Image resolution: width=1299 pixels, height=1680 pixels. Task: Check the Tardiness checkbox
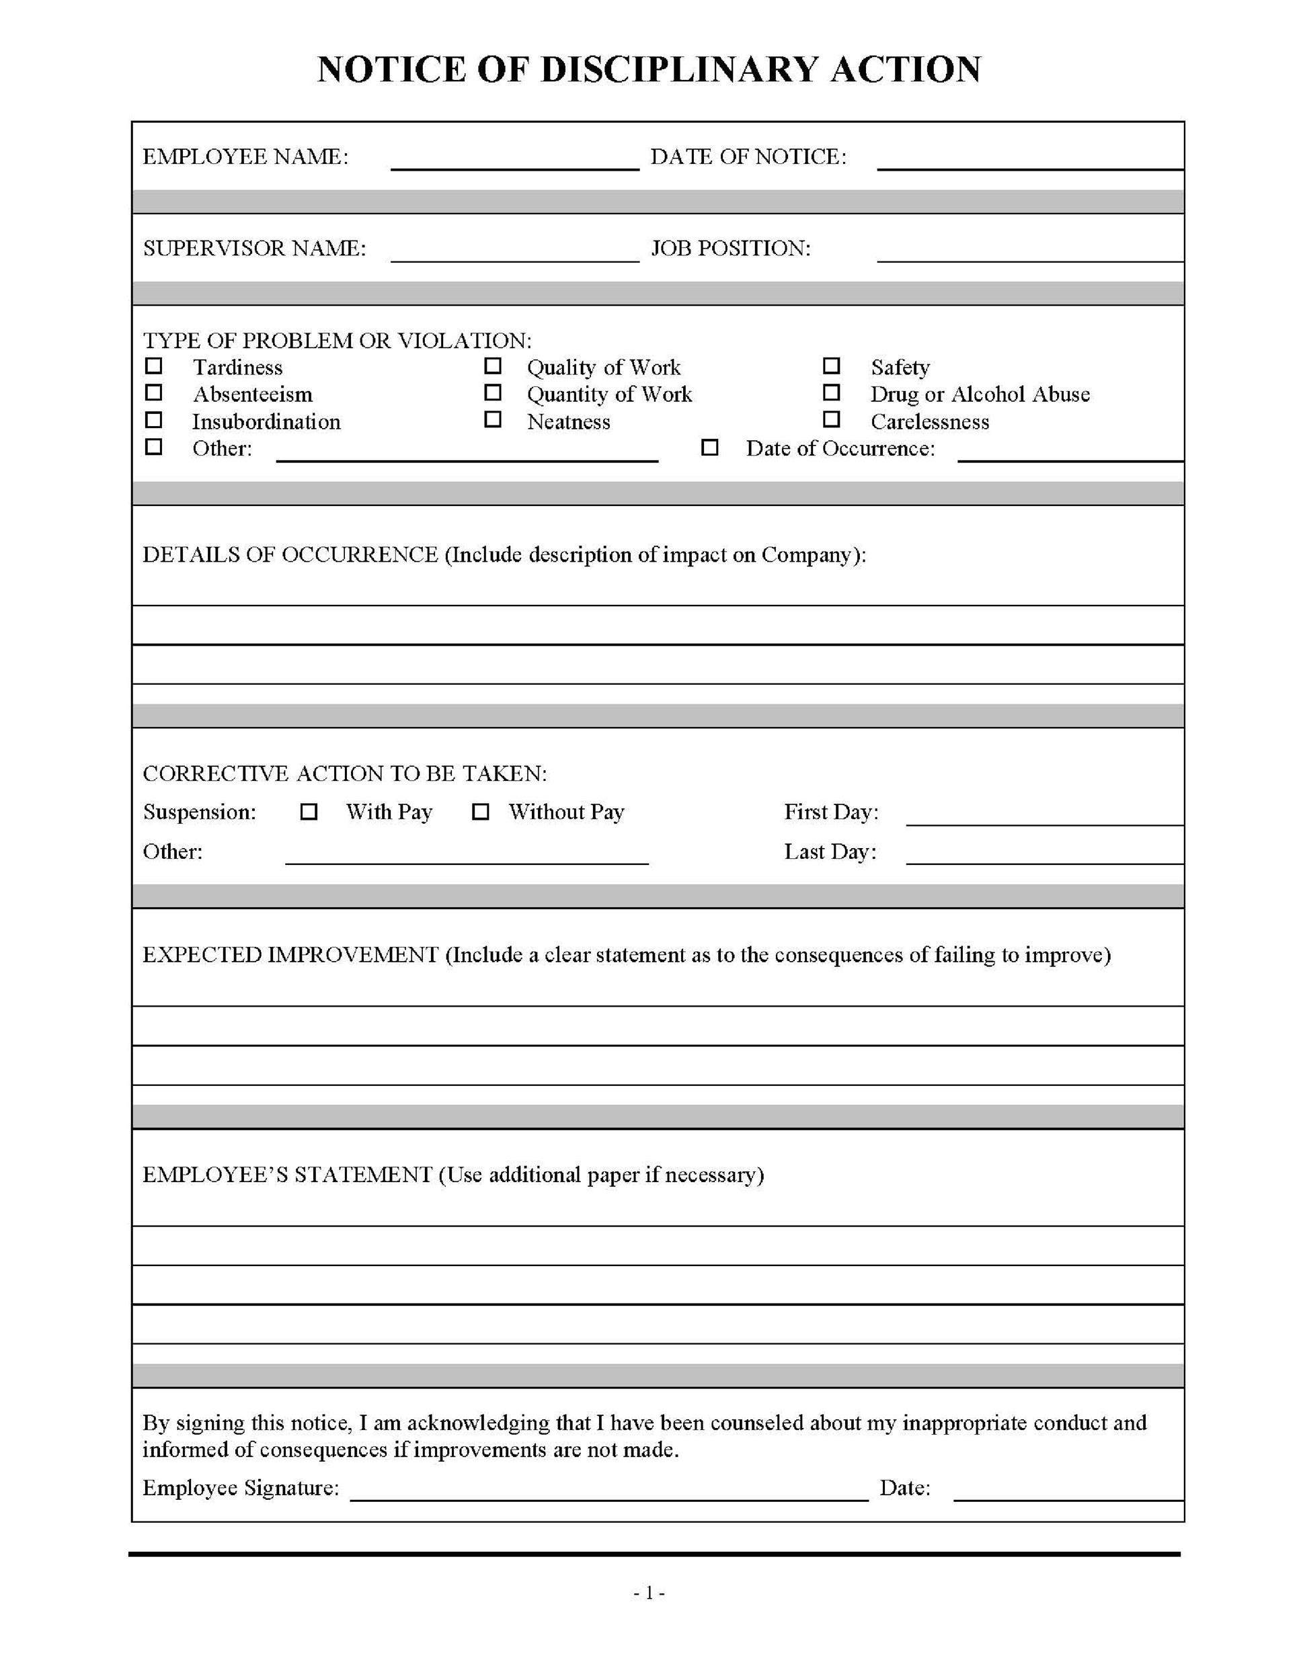[x=154, y=366]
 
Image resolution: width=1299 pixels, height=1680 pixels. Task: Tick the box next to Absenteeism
[x=154, y=392]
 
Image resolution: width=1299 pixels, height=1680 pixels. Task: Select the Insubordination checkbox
[x=154, y=419]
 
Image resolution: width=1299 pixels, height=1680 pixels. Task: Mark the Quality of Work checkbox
[x=493, y=366]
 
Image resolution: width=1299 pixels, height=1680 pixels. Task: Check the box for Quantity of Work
[x=493, y=392]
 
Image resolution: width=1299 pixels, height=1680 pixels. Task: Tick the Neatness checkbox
[x=493, y=419]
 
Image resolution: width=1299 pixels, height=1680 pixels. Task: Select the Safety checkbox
[x=831, y=366]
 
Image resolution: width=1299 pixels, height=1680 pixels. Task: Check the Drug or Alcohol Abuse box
[x=831, y=392]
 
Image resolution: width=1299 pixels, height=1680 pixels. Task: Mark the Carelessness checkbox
[x=831, y=419]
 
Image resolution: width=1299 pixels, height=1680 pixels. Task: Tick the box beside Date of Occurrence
[x=709, y=447]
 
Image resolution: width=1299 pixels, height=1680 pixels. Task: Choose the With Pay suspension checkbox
[x=309, y=812]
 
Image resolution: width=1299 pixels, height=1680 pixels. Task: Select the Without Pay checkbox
[x=480, y=812]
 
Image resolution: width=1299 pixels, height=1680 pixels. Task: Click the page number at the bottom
[x=649, y=1593]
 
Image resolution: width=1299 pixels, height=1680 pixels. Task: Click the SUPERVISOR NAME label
[x=254, y=249]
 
